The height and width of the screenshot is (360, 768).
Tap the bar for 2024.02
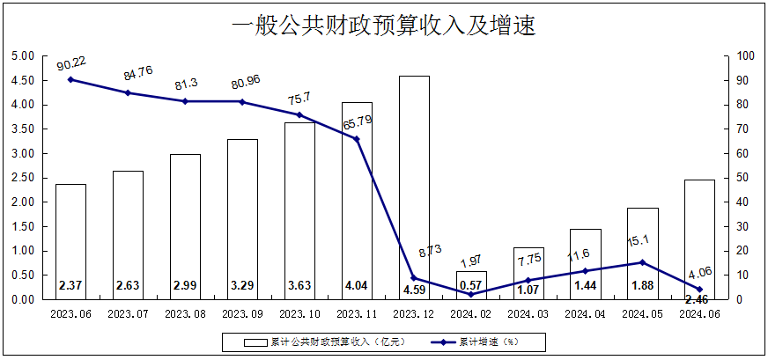tap(471, 285)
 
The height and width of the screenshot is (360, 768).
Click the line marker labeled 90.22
tap(70, 80)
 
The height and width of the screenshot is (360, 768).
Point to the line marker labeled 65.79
tap(357, 139)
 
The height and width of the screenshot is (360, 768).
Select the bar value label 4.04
tap(357, 286)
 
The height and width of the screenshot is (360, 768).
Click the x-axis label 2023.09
tap(242, 312)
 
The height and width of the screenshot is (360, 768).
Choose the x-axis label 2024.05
tap(643, 312)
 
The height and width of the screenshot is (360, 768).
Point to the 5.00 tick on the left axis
tap(21, 55)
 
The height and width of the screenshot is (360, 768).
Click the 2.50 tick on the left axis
tap(21, 178)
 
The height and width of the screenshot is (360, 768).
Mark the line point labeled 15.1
tap(643, 262)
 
